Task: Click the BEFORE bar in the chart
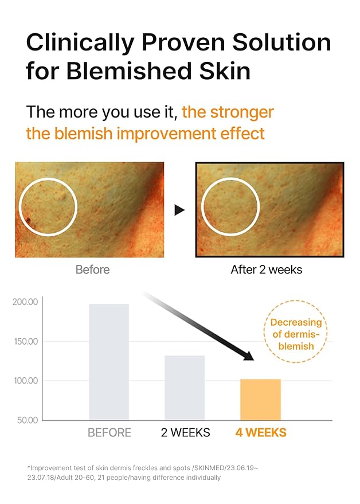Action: [109, 362]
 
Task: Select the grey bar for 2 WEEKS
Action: [185, 388]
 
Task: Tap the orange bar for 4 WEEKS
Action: [260, 400]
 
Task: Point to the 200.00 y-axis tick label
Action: [25, 302]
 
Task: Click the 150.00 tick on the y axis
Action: [25, 342]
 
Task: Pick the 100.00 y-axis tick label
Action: [25, 381]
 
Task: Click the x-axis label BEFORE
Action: [109, 432]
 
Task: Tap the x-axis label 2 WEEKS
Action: [185, 432]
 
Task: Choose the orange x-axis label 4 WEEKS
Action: [261, 432]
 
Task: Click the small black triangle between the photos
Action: [179, 210]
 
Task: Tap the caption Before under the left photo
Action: [92, 269]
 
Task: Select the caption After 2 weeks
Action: [266, 269]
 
